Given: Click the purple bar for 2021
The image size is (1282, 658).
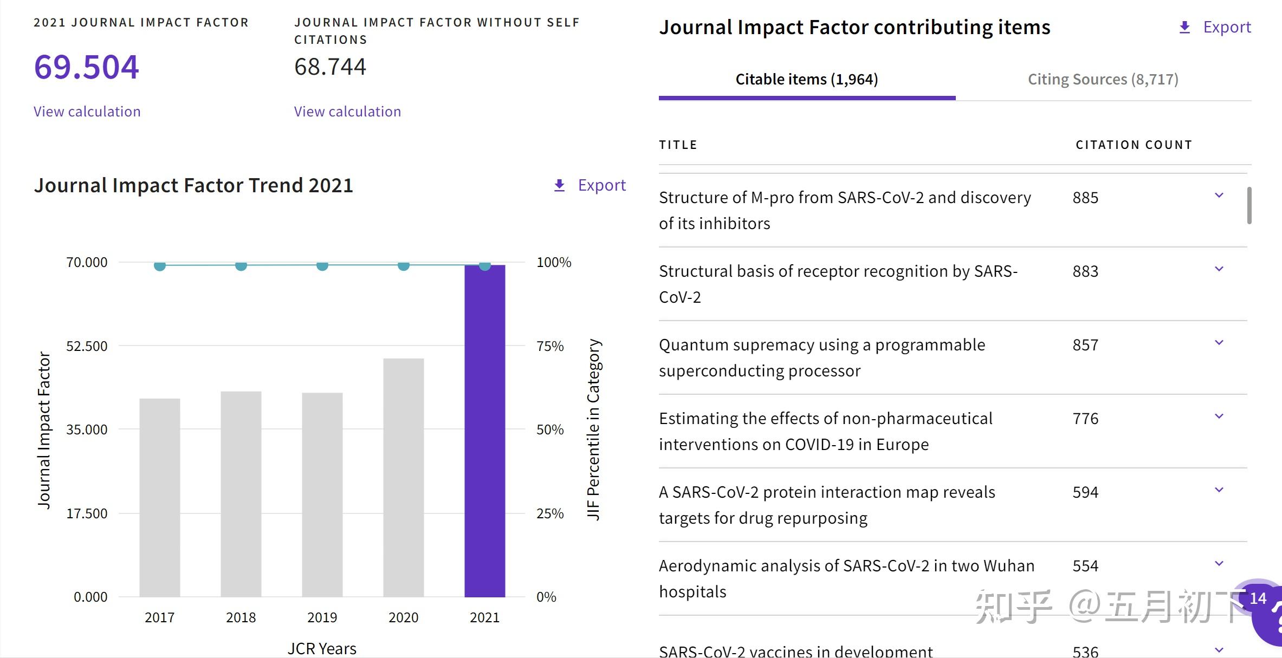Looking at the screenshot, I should tap(484, 431).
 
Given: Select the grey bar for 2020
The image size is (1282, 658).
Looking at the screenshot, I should tap(403, 477).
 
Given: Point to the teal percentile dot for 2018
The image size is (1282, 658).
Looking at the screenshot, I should tap(241, 265).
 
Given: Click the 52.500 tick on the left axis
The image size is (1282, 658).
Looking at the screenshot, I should tap(87, 346).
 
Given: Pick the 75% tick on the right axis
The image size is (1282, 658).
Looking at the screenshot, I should tap(550, 346).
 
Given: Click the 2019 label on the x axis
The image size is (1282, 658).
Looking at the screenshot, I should tap(322, 617).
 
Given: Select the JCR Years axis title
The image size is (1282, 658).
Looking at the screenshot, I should tap(322, 648).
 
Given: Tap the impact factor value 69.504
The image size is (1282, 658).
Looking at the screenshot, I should tap(87, 67).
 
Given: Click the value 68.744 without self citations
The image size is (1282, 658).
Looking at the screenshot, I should tap(330, 67).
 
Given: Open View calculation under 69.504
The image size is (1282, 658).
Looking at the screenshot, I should tap(87, 112).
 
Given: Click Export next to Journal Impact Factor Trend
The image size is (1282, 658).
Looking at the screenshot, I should tap(590, 185).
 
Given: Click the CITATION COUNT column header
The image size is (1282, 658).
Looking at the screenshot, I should tap(1134, 145).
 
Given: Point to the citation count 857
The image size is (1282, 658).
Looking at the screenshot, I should tap(1085, 345).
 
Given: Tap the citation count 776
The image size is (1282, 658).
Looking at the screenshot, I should tap(1085, 419).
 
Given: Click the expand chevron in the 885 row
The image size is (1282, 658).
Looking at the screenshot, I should tap(1219, 196).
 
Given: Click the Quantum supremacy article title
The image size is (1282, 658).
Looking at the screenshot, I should tap(821, 357).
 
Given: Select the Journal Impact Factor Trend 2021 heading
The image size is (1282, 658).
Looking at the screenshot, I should tap(193, 185).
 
